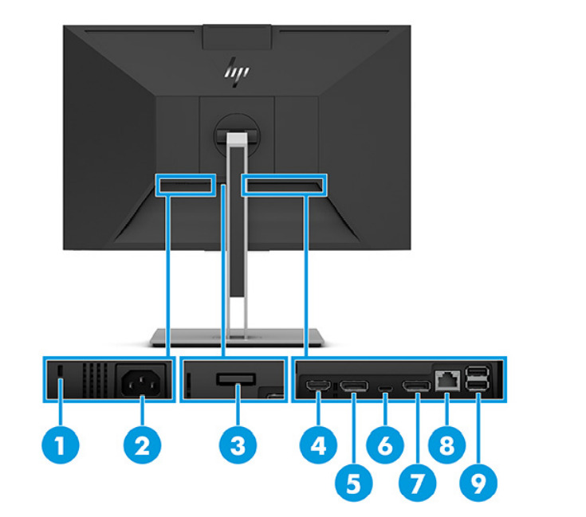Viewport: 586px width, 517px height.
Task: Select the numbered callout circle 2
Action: coord(142,445)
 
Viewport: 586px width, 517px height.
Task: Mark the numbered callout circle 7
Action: coord(417,481)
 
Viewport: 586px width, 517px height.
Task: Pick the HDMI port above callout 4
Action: coord(319,387)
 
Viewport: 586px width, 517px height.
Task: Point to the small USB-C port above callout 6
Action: coord(386,389)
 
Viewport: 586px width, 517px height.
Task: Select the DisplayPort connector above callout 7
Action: coord(416,387)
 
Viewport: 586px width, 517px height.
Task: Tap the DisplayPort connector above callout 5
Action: coord(354,387)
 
